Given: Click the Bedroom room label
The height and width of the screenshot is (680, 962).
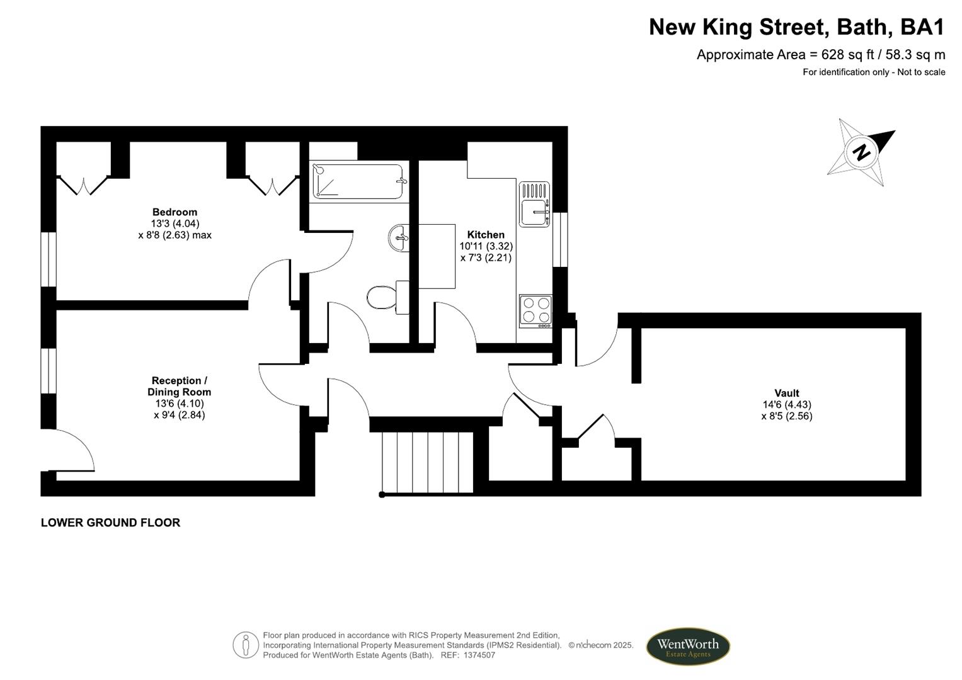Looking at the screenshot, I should (175, 212).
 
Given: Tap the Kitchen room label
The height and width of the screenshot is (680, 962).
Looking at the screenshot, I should (485, 235).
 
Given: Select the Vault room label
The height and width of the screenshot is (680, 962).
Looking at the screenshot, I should (786, 393).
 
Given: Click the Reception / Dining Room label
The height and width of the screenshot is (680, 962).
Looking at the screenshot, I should (179, 386).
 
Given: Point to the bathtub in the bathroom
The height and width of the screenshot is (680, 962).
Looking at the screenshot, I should (358, 181).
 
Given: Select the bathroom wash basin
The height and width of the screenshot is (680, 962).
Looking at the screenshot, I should (398, 237).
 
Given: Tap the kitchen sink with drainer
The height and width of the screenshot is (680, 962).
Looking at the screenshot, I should (534, 205).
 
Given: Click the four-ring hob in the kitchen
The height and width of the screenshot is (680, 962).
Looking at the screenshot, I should (535, 310).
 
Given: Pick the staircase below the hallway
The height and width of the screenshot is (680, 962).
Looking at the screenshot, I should (428, 462).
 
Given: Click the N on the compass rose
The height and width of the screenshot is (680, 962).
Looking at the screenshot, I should (861, 152).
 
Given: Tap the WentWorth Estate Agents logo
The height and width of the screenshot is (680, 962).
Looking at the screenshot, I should (687, 646).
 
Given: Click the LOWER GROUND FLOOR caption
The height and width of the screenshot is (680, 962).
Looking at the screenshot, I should (110, 523).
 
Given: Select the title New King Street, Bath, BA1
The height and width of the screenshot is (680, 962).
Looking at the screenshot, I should (796, 27).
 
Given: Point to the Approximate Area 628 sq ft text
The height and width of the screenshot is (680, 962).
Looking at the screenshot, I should (820, 55).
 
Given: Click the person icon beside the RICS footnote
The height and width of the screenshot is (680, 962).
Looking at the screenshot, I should (246, 645).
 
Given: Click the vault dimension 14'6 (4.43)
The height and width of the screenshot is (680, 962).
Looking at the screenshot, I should (786, 405).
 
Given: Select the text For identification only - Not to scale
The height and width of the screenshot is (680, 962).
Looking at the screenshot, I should (873, 72).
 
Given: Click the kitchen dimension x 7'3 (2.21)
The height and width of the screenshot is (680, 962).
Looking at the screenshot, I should (485, 258).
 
